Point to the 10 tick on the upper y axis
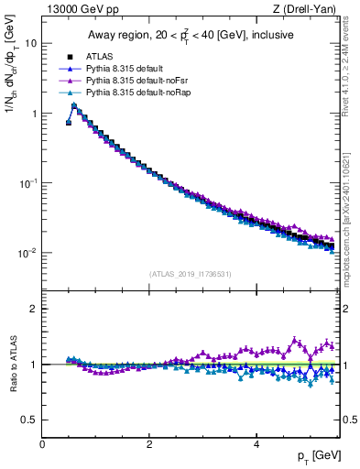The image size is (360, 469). (31, 43)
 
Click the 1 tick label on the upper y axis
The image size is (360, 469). (34, 114)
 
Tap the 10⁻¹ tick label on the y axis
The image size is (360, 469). (28, 183)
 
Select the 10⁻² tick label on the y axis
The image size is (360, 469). (28, 253)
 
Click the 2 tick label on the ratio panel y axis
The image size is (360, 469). (34, 309)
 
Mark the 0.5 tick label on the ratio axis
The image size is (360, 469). (30, 420)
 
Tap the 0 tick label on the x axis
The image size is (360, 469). (42, 443)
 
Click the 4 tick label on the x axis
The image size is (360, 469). (256, 443)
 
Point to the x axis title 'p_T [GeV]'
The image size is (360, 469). (317, 456)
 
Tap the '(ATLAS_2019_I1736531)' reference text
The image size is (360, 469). (191, 274)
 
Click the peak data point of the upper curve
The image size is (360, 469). (74, 105)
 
